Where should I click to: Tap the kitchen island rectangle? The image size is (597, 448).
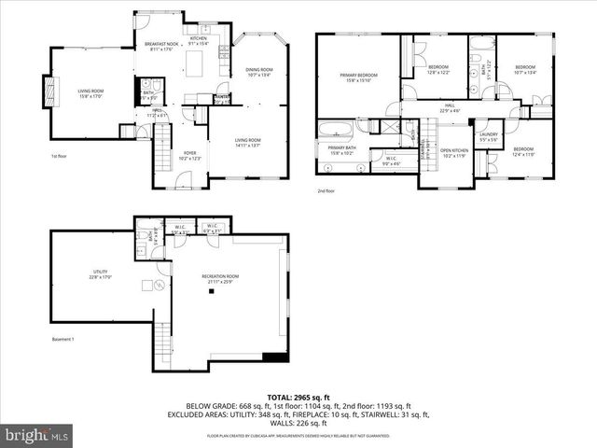tap(196, 63)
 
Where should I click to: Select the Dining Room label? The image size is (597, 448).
tap(258, 72)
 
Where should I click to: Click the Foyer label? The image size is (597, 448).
tap(189, 155)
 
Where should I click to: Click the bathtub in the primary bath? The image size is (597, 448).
tap(334, 130)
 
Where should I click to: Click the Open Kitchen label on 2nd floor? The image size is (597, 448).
tap(453, 152)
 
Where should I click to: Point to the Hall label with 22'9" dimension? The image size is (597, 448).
tap(448, 108)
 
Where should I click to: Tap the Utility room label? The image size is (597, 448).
tap(100, 273)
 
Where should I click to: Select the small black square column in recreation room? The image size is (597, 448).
tap(212, 293)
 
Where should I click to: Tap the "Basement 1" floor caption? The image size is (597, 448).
tap(62, 352)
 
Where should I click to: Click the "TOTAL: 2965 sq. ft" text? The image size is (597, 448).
tap(298, 397)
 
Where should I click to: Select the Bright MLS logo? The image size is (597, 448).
tap(37, 435)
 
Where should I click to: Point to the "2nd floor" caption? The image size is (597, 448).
tap(326, 190)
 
